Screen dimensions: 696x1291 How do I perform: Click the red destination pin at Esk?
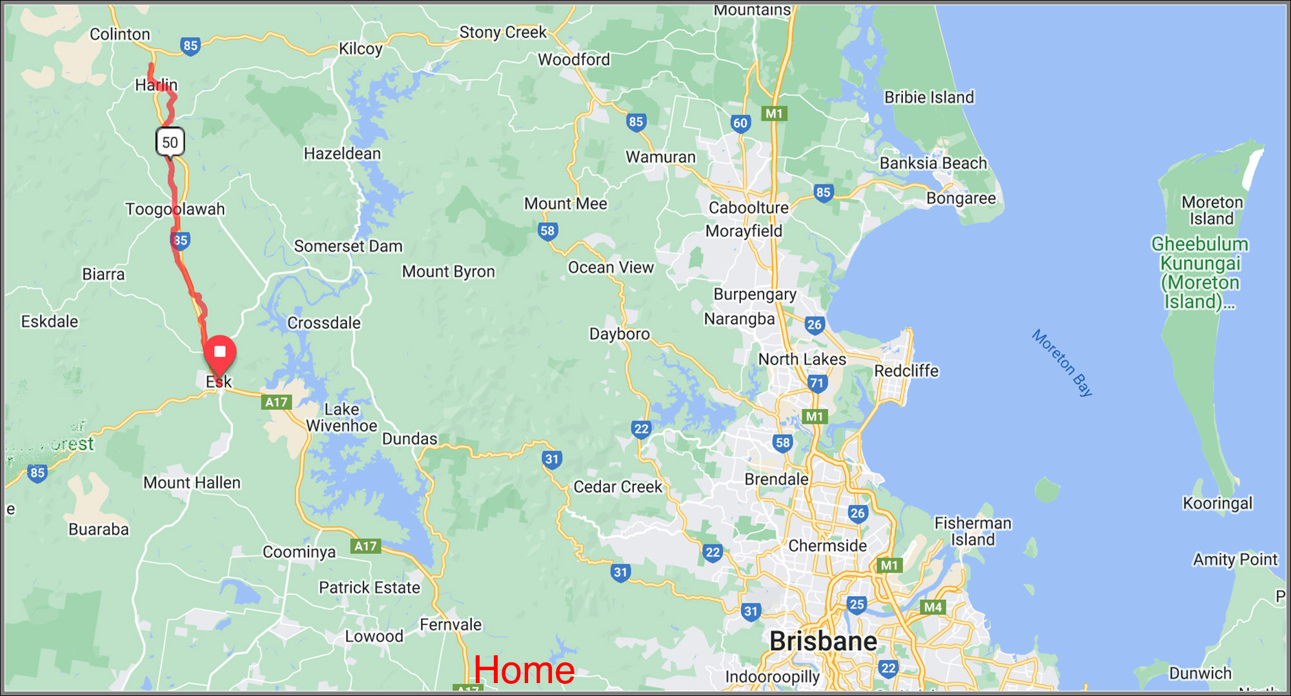pos(219,353)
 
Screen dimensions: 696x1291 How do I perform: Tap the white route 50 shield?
pos(170,142)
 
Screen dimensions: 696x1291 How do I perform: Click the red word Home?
pos(524,670)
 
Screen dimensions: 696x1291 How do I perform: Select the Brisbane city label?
pos(823,641)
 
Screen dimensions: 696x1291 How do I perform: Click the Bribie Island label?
pos(929,97)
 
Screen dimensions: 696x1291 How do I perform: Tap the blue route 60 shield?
pos(740,123)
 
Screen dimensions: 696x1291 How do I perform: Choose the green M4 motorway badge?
pos(933,607)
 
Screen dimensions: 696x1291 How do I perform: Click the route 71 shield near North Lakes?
pos(817,383)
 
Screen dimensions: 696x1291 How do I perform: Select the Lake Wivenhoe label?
pos(341,417)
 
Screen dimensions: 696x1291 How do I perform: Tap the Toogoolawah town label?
pos(175,209)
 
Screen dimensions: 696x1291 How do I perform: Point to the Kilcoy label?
pos(360,49)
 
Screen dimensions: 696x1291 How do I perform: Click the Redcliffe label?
pos(906,371)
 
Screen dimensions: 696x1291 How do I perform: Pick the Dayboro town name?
pos(619,333)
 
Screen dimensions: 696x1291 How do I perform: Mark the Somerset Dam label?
pos(348,246)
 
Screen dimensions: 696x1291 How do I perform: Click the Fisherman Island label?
pos(973,531)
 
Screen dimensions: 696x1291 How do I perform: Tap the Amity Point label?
pos(1235,559)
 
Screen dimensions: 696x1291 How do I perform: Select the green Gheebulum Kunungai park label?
pos(1200,272)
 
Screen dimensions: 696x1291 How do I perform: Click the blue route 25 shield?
pos(856,604)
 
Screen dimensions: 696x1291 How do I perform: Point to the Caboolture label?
pos(748,208)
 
